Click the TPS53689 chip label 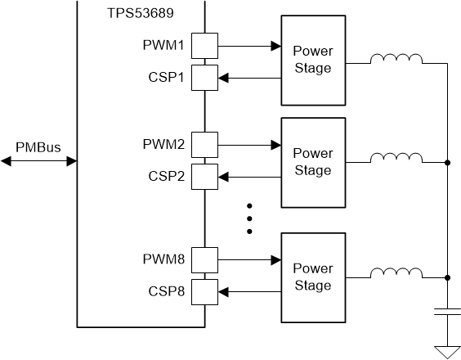[x=139, y=15]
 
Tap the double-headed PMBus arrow [x=38, y=162]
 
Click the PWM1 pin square [x=204, y=46]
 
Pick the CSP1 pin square [x=204, y=77]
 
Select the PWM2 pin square [x=204, y=146]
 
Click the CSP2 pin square [x=204, y=176]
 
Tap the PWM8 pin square [x=204, y=260]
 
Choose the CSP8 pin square [x=204, y=290]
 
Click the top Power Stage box [x=312, y=60]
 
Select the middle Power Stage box [x=312, y=162]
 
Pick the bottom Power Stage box [x=312, y=277]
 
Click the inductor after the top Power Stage [x=396, y=59]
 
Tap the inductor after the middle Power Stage [x=396, y=160]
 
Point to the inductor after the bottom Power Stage [x=396, y=274]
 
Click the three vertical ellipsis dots [x=251, y=218]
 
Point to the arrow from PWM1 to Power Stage [x=248, y=46]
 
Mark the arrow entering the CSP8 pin [x=248, y=290]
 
